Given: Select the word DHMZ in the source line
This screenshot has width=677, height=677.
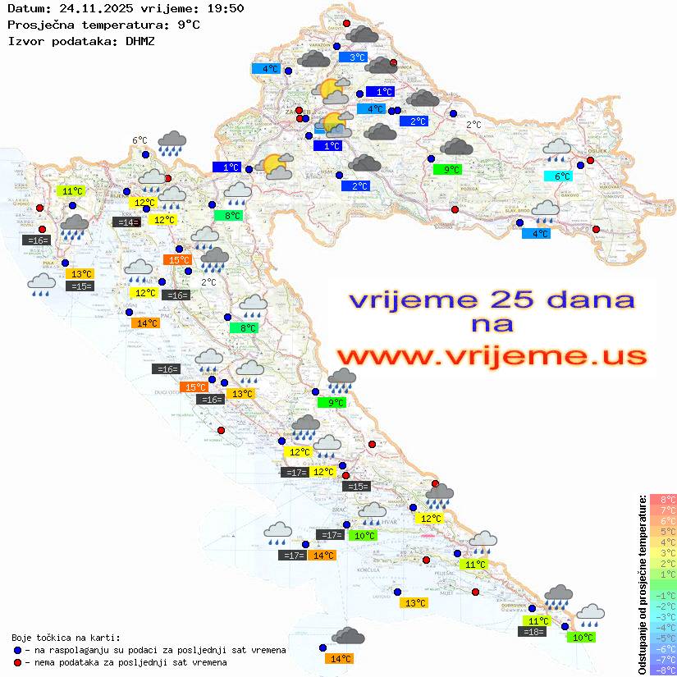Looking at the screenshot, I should (x=140, y=40).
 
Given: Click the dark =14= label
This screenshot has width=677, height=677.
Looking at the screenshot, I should (x=126, y=222).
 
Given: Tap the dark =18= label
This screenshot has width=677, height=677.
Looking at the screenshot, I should (x=533, y=631).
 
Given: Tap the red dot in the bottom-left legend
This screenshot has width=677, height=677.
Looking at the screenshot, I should (x=17, y=662).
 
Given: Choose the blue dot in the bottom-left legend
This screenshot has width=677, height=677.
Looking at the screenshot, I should (x=17, y=650).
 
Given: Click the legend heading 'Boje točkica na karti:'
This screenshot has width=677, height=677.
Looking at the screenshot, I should (x=66, y=638).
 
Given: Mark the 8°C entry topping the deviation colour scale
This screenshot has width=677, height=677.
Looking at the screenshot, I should (x=663, y=499).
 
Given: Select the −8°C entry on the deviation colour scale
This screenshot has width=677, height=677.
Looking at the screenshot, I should (x=663, y=670).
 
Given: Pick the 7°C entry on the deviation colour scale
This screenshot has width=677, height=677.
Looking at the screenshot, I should (x=663, y=510).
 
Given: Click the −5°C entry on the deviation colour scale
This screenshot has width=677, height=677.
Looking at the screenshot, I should (x=663, y=638).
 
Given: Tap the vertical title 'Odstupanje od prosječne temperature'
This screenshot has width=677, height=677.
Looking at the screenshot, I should (x=642, y=584).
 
